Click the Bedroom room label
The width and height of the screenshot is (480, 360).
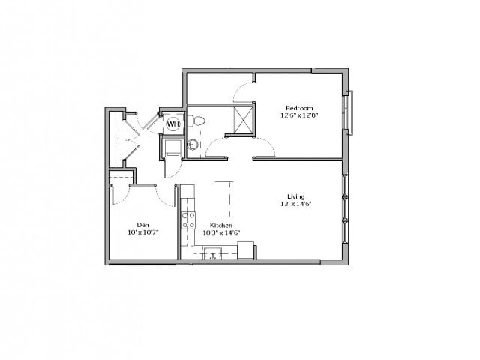click(299, 108)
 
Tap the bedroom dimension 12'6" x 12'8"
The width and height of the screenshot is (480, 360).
click(297, 115)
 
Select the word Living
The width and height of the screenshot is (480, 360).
click(296, 196)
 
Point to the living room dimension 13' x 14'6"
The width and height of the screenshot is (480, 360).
click(296, 204)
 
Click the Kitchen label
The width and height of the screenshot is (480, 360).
click(221, 225)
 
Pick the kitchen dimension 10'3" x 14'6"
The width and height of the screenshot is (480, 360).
click(221, 232)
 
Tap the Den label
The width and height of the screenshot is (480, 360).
click(143, 225)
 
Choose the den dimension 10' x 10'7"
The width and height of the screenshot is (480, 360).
click(143, 232)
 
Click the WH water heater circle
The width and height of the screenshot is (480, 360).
click(173, 124)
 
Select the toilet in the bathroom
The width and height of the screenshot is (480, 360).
click(196, 121)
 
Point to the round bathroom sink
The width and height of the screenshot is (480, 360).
click(193, 145)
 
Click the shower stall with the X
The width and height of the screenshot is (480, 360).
click(243, 121)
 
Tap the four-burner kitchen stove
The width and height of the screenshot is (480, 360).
click(188, 220)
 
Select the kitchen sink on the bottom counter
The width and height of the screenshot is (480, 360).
click(213, 253)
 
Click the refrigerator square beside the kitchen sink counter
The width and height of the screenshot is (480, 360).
click(246, 250)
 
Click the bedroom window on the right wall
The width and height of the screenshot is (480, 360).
click(349, 112)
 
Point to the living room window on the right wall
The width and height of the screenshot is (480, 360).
click(345, 208)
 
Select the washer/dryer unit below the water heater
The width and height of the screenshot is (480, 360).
click(173, 148)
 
